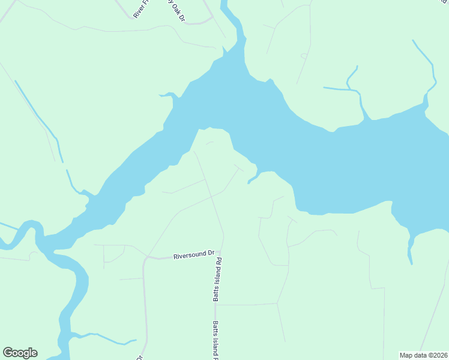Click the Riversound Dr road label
tap(194, 254)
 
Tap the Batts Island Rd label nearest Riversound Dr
tap(219, 279)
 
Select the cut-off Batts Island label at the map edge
tap(215, 341)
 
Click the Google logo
tap(20, 353)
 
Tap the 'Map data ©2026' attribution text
tap(423, 355)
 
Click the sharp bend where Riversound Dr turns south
tap(145, 259)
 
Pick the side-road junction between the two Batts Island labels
tap(215, 305)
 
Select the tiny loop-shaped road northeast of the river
tap(304, 56)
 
